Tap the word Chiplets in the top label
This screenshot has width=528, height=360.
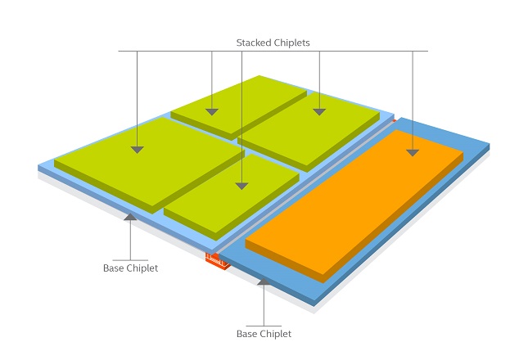(291, 43)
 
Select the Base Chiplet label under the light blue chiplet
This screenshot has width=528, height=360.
(131, 268)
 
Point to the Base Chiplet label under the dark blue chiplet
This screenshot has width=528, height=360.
(264, 334)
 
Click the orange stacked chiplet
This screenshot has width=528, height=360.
(354, 205)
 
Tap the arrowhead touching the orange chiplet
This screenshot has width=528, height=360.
(413, 153)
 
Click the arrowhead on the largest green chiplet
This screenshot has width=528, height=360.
(137, 150)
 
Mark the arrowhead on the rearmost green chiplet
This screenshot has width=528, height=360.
(212, 112)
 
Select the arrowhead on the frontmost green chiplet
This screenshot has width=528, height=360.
(241, 186)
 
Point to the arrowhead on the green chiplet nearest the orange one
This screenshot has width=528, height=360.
(319, 112)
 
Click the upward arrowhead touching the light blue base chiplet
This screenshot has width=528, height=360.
(130, 217)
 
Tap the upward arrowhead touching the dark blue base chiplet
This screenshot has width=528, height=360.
(264, 281)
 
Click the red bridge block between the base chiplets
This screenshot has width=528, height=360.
(218, 262)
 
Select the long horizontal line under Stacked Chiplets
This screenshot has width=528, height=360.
(273, 52)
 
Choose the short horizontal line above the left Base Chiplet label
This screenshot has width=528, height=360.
(130, 260)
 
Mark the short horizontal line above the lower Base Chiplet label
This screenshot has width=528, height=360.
(264, 326)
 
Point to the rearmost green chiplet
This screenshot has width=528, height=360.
(238, 106)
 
